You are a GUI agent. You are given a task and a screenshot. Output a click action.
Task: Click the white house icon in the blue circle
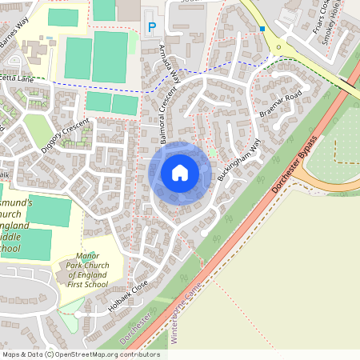[x=179, y=172]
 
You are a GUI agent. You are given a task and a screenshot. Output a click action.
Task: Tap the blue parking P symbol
[x=152, y=28]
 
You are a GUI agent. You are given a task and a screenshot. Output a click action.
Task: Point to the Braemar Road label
[x=281, y=104]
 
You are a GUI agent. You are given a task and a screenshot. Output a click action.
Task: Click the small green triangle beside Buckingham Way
[x=212, y=152]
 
